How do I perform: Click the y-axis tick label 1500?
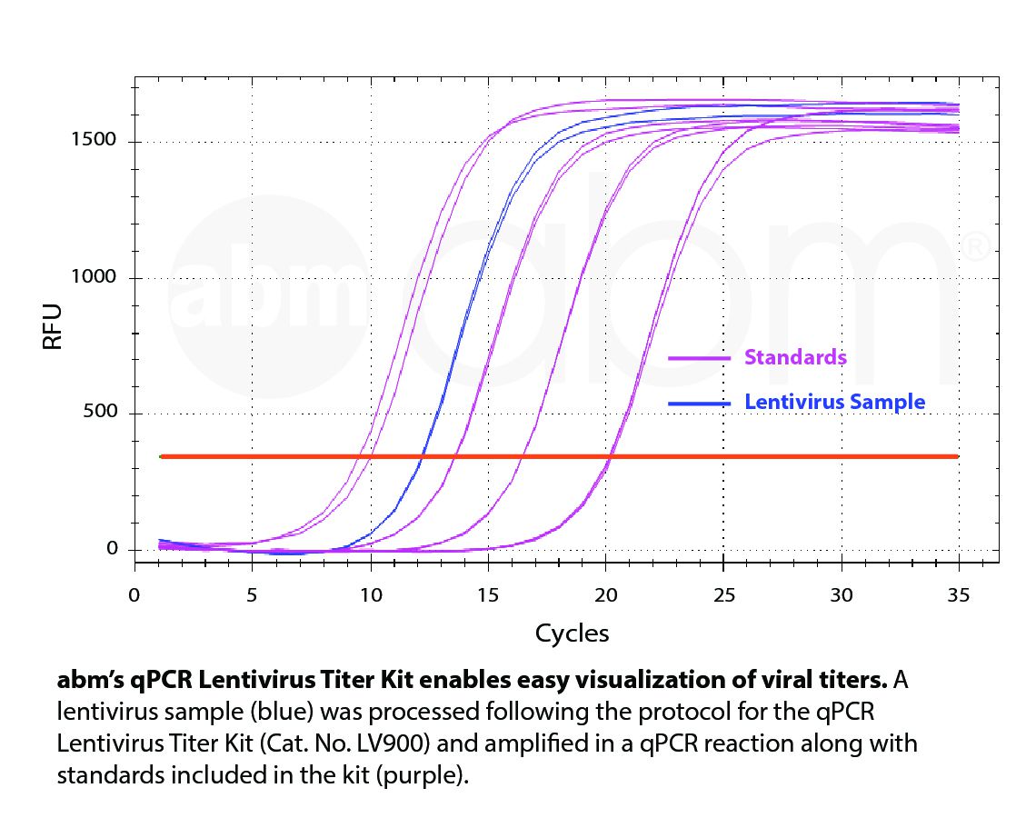[x=94, y=140]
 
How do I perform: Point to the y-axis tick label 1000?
[x=94, y=276]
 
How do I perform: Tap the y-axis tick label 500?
[x=99, y=412]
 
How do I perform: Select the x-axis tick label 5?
[x=252, y=595]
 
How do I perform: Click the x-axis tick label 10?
[x=370, y=595]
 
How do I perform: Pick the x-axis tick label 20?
[x=605, y=595]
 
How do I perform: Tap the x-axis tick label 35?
[x=959, y=595]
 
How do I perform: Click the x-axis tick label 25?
[x=723, y=595]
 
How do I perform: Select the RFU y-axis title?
[x=53, y=327]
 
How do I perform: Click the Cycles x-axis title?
[x=572, y=633]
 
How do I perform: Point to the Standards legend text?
[x=795, y=357]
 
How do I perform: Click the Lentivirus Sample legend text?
[x=834, y=402]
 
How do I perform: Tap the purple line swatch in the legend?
[x=699, y=359]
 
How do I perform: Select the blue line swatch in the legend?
[x=699, y=403]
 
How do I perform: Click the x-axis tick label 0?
[x=134, y=595]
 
